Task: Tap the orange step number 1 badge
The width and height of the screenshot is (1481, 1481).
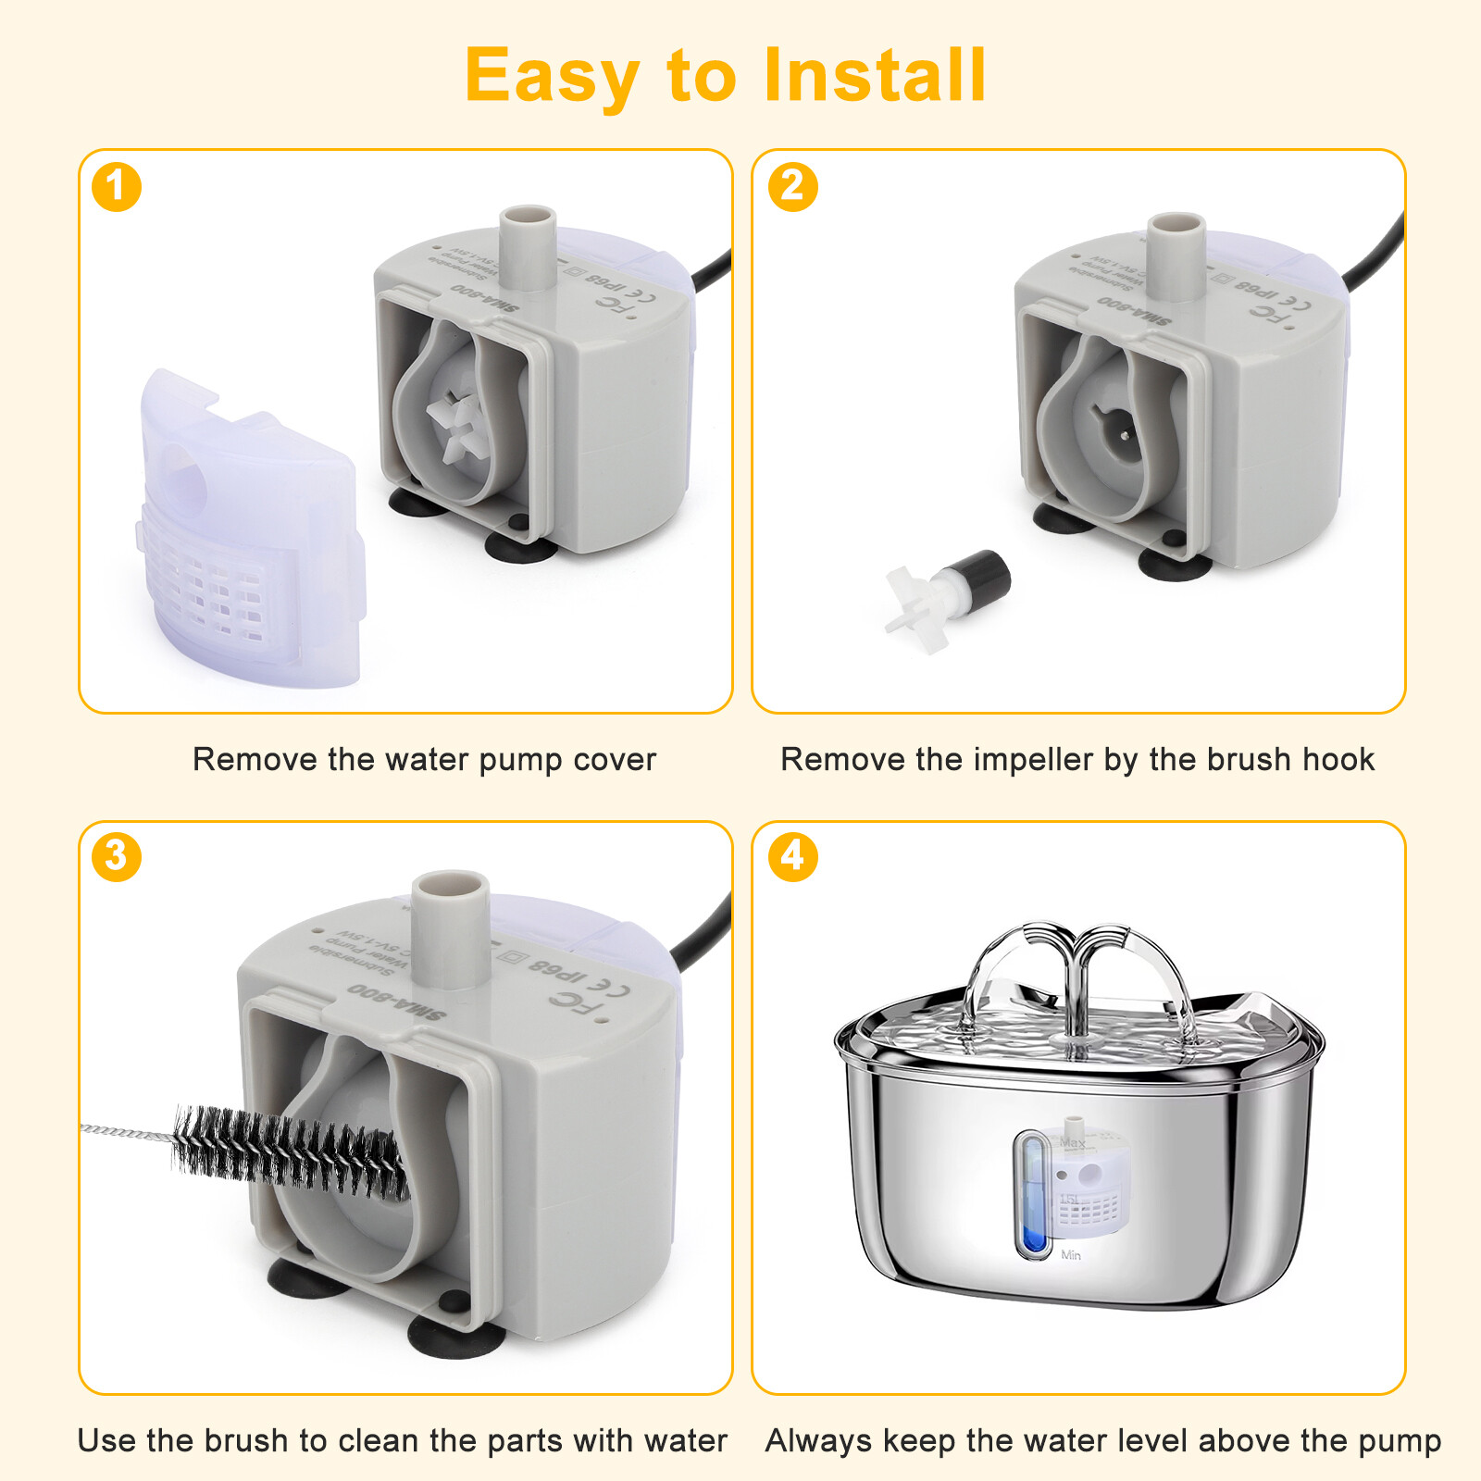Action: pos(117,187)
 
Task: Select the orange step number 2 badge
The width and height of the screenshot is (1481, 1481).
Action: pos(793,187)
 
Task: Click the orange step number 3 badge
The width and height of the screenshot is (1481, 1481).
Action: pos(117,856)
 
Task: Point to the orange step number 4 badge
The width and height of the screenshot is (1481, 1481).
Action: pos(793,856)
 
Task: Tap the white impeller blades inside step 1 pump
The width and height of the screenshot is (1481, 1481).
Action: pos(455,424)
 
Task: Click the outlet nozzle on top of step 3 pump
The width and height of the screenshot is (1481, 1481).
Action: pos(450,926)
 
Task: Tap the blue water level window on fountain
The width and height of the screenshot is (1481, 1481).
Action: pos(1032,1194)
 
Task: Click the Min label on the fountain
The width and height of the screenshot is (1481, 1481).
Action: pos(1071,1255)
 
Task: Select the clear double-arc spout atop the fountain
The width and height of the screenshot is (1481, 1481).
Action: pos(1078,972)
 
